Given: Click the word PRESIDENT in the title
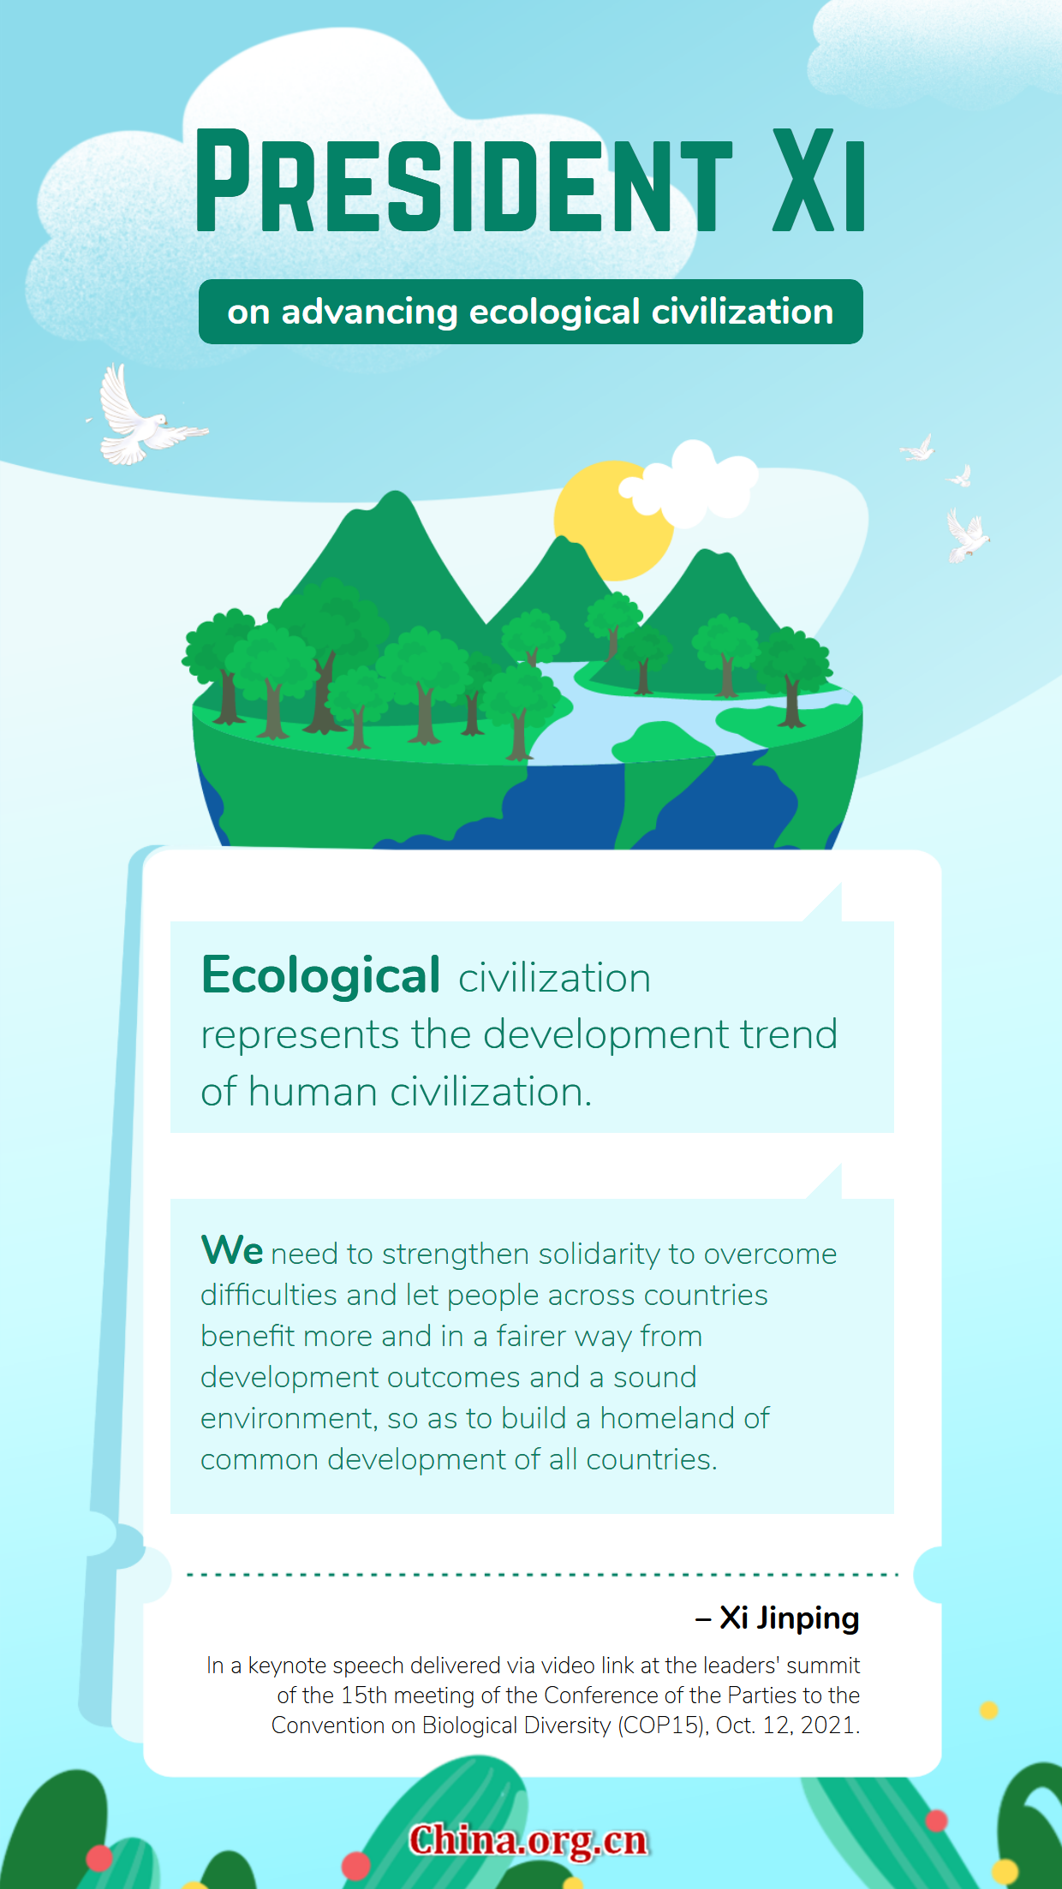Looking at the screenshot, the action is pyautogui.click(x=464, y=181).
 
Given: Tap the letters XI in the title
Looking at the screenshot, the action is pyautogui.click(x=819, y=181).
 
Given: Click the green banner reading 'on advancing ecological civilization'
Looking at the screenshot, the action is pyautogui.click(x=531, y=312).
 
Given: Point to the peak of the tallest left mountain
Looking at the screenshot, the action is pyautogui.click(x=395, y=492).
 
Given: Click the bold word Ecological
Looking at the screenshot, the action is pyautogui.click(x=321, y=976).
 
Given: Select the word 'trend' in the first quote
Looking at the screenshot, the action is pyautogui.click(x=789, y=1034).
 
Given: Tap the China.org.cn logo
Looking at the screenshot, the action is pyautogui.click(x=528, y=1841).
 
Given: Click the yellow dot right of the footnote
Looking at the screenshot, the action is pyautogui.click(x=989, y=1710).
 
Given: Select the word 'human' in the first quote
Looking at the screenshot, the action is pyautogui.click(x=313, y=1092).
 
